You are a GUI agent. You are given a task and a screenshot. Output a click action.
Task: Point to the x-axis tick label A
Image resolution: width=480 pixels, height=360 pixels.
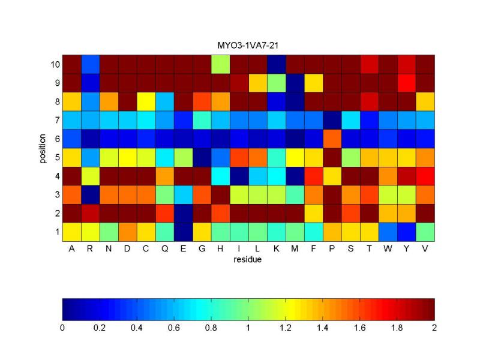click(71, 250)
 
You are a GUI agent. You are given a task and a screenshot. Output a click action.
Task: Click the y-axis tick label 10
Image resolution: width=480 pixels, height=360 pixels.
click(53, 64)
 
